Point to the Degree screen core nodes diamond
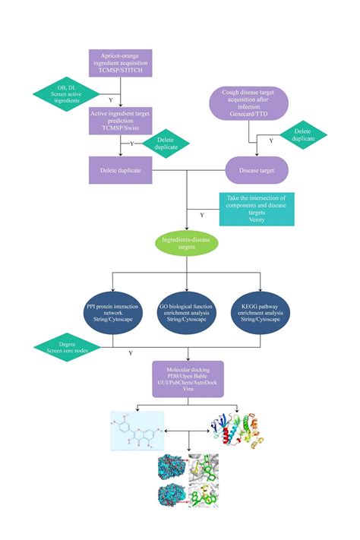(67, 349)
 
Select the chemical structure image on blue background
(137, 434)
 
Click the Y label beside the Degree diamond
(131, 352)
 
